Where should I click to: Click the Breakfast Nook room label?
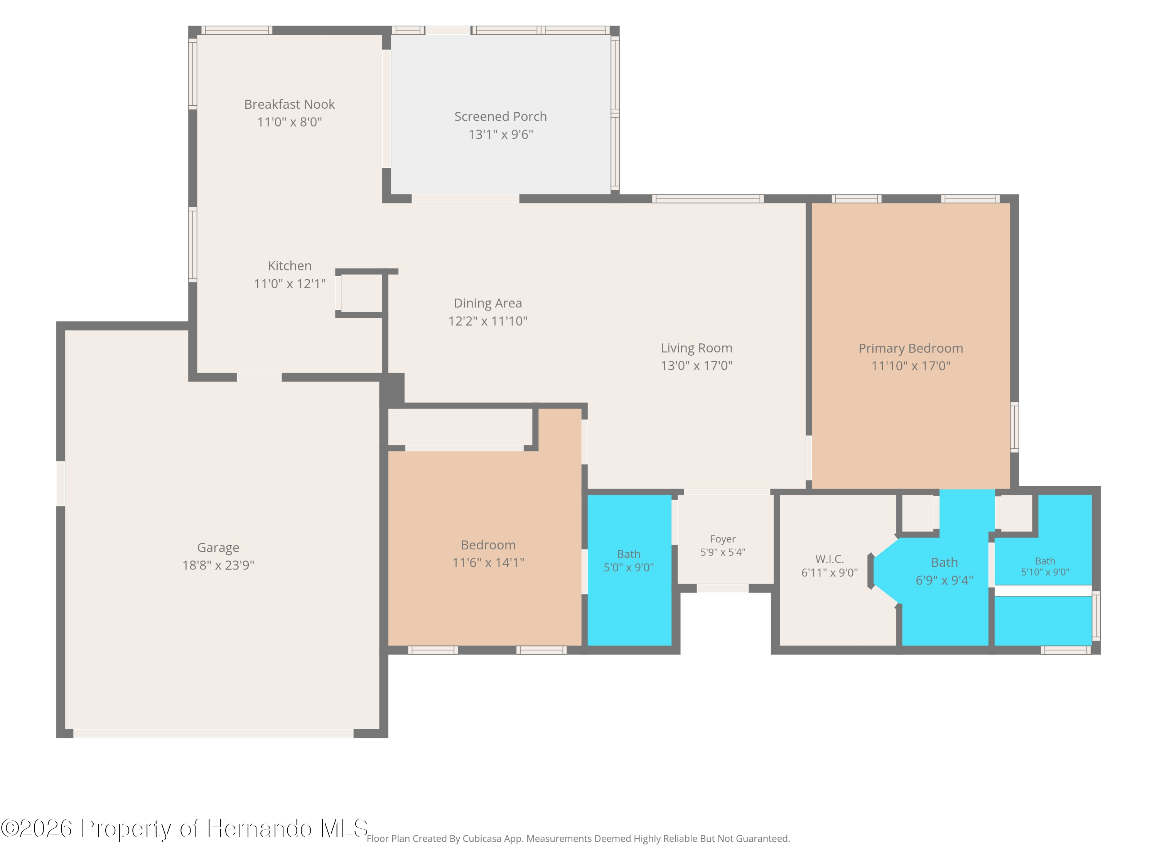(x=289, y=104)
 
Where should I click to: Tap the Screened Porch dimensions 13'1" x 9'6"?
(x=501, y=135)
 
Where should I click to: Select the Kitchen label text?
(x=289, y=266)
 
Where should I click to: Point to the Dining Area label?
(x=487, y=303)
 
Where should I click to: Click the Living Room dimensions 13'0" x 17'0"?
(x=696, y=366)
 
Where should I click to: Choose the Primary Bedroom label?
(x=911, y=348)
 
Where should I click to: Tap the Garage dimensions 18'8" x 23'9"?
(x=218, y=565)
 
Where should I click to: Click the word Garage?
(x=218, y=548)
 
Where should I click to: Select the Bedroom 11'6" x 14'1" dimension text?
(x=488, y=562)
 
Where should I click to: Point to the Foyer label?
(x=723, y=539)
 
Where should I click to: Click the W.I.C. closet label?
(x=830, y=559)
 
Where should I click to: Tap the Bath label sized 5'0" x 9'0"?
(x=629, y=554)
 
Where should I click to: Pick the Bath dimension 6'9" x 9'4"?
(x=944, y=580)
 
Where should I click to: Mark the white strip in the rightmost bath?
(x=1043, y=591)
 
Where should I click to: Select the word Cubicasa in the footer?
(x=482, y=839)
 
